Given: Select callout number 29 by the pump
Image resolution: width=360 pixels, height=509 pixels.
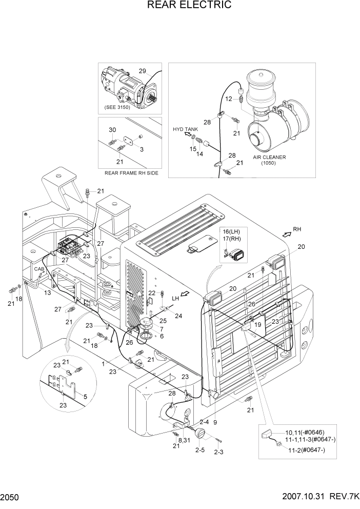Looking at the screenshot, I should coord(142,71).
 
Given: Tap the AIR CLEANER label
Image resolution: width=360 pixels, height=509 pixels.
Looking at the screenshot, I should coord(269,158).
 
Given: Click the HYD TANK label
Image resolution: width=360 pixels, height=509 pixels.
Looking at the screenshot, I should coord(185,129).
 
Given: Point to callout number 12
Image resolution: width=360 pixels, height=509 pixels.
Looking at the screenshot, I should coord(229,99).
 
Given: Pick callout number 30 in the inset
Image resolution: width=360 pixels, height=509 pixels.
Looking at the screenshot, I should coord(112,129).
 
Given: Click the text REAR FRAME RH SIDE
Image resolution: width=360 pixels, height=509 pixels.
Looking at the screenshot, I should coord(131,173).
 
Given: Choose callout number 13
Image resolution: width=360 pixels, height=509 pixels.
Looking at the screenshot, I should coord(47,292).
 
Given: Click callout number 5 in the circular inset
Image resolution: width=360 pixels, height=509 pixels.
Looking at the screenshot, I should coord(85,396).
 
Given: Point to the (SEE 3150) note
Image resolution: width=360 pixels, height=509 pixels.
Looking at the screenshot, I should coord(117,107).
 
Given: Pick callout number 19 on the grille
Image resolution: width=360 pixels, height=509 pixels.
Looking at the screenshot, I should coord(258,324).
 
